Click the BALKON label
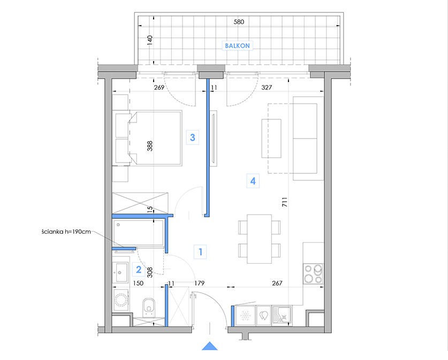[237, 45]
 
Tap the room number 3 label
[192, 137]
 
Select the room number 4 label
[253, 181]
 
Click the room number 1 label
[200, 252]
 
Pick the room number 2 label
[139, 270]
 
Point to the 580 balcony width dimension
[239, 22]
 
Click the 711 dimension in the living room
[285, 202]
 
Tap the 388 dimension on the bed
[150, 146]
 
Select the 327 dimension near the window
[267, 87]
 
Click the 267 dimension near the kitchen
[277, 283]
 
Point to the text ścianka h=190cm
[66, 232]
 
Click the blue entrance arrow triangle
[210, 346]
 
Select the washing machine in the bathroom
[121, 300]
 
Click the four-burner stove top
[313, 274]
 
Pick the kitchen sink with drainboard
[282, 315]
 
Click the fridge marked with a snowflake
[245, 316]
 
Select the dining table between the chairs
[260, 239]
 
